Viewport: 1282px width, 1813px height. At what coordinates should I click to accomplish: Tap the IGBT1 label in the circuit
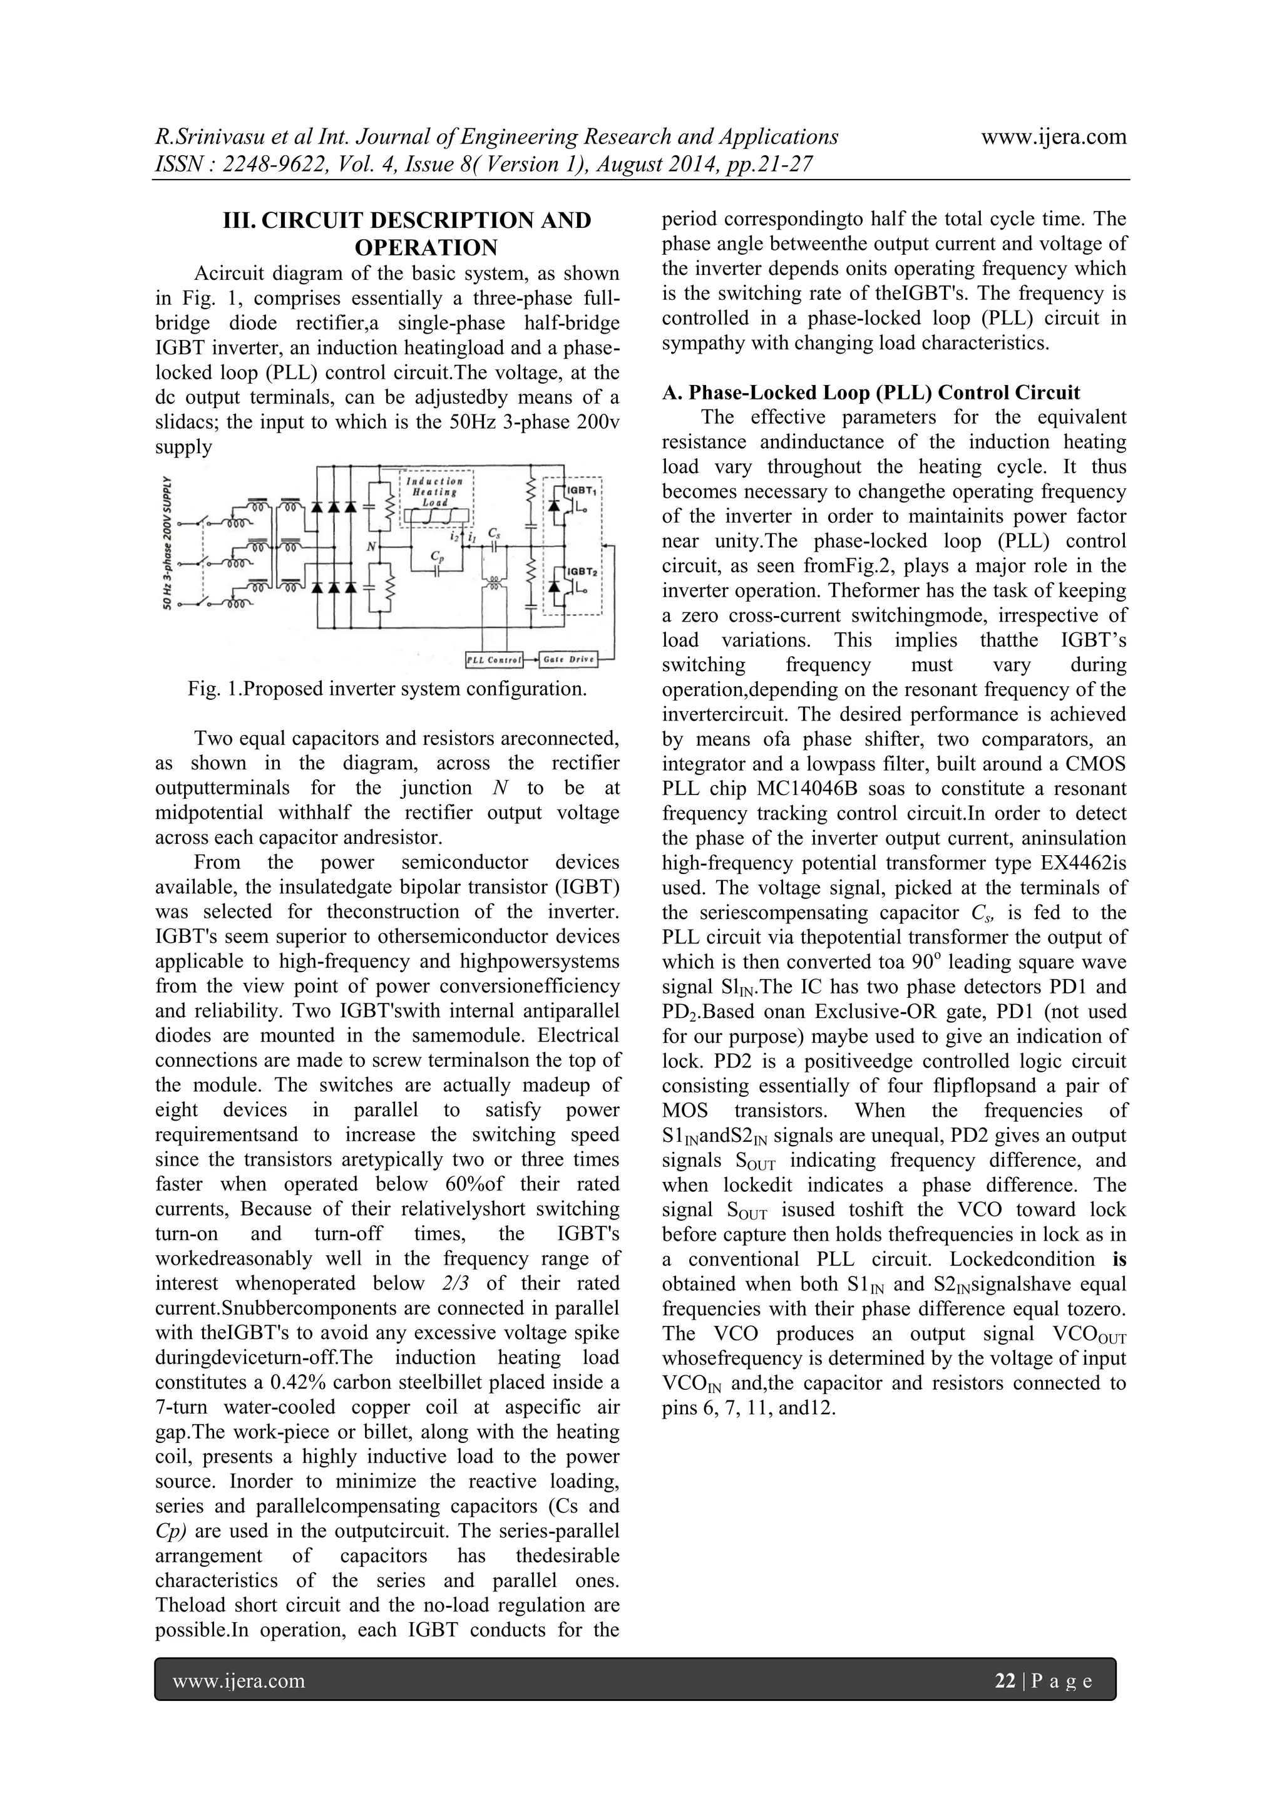[x=582, y=492]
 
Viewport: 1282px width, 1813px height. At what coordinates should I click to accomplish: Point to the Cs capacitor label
[x=493, y=532]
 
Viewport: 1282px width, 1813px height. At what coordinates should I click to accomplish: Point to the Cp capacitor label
[x=436, y=557]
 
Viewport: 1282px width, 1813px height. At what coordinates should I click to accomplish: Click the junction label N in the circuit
[x=370, y=547]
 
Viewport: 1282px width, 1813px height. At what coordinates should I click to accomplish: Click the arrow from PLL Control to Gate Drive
[x=530, y=659]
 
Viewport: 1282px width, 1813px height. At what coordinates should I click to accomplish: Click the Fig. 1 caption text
[x=387, y=689]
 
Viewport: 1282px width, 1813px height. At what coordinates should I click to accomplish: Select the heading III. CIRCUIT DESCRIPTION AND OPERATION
[x=408, y=234]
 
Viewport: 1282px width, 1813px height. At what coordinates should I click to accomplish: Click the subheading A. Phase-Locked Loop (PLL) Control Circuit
[x=871, y=393]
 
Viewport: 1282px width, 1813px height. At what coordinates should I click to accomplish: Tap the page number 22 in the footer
[x=1005, y=1680]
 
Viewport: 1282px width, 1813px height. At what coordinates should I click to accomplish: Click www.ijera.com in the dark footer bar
[x=238, y=1680]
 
